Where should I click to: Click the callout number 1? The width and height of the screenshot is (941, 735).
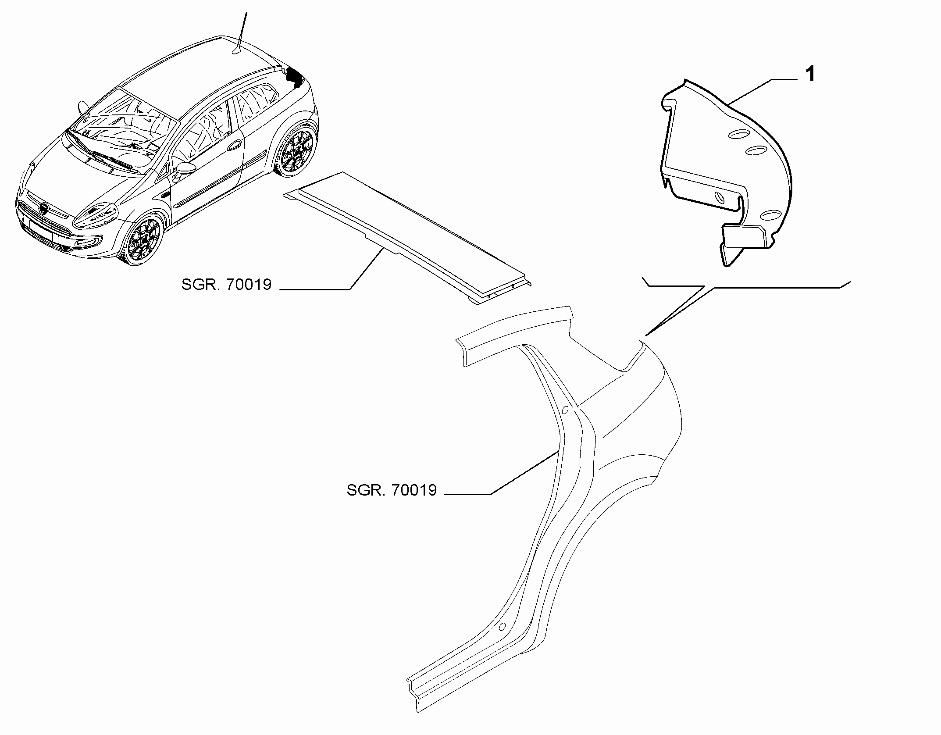coord(810,75)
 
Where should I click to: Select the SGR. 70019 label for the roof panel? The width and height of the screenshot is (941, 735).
coord(227,285)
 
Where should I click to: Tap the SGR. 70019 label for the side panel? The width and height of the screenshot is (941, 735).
coord(392,490)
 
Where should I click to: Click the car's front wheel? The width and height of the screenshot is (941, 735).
coord(143,240)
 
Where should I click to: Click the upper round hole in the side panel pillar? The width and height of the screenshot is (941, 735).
coord(565,410)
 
